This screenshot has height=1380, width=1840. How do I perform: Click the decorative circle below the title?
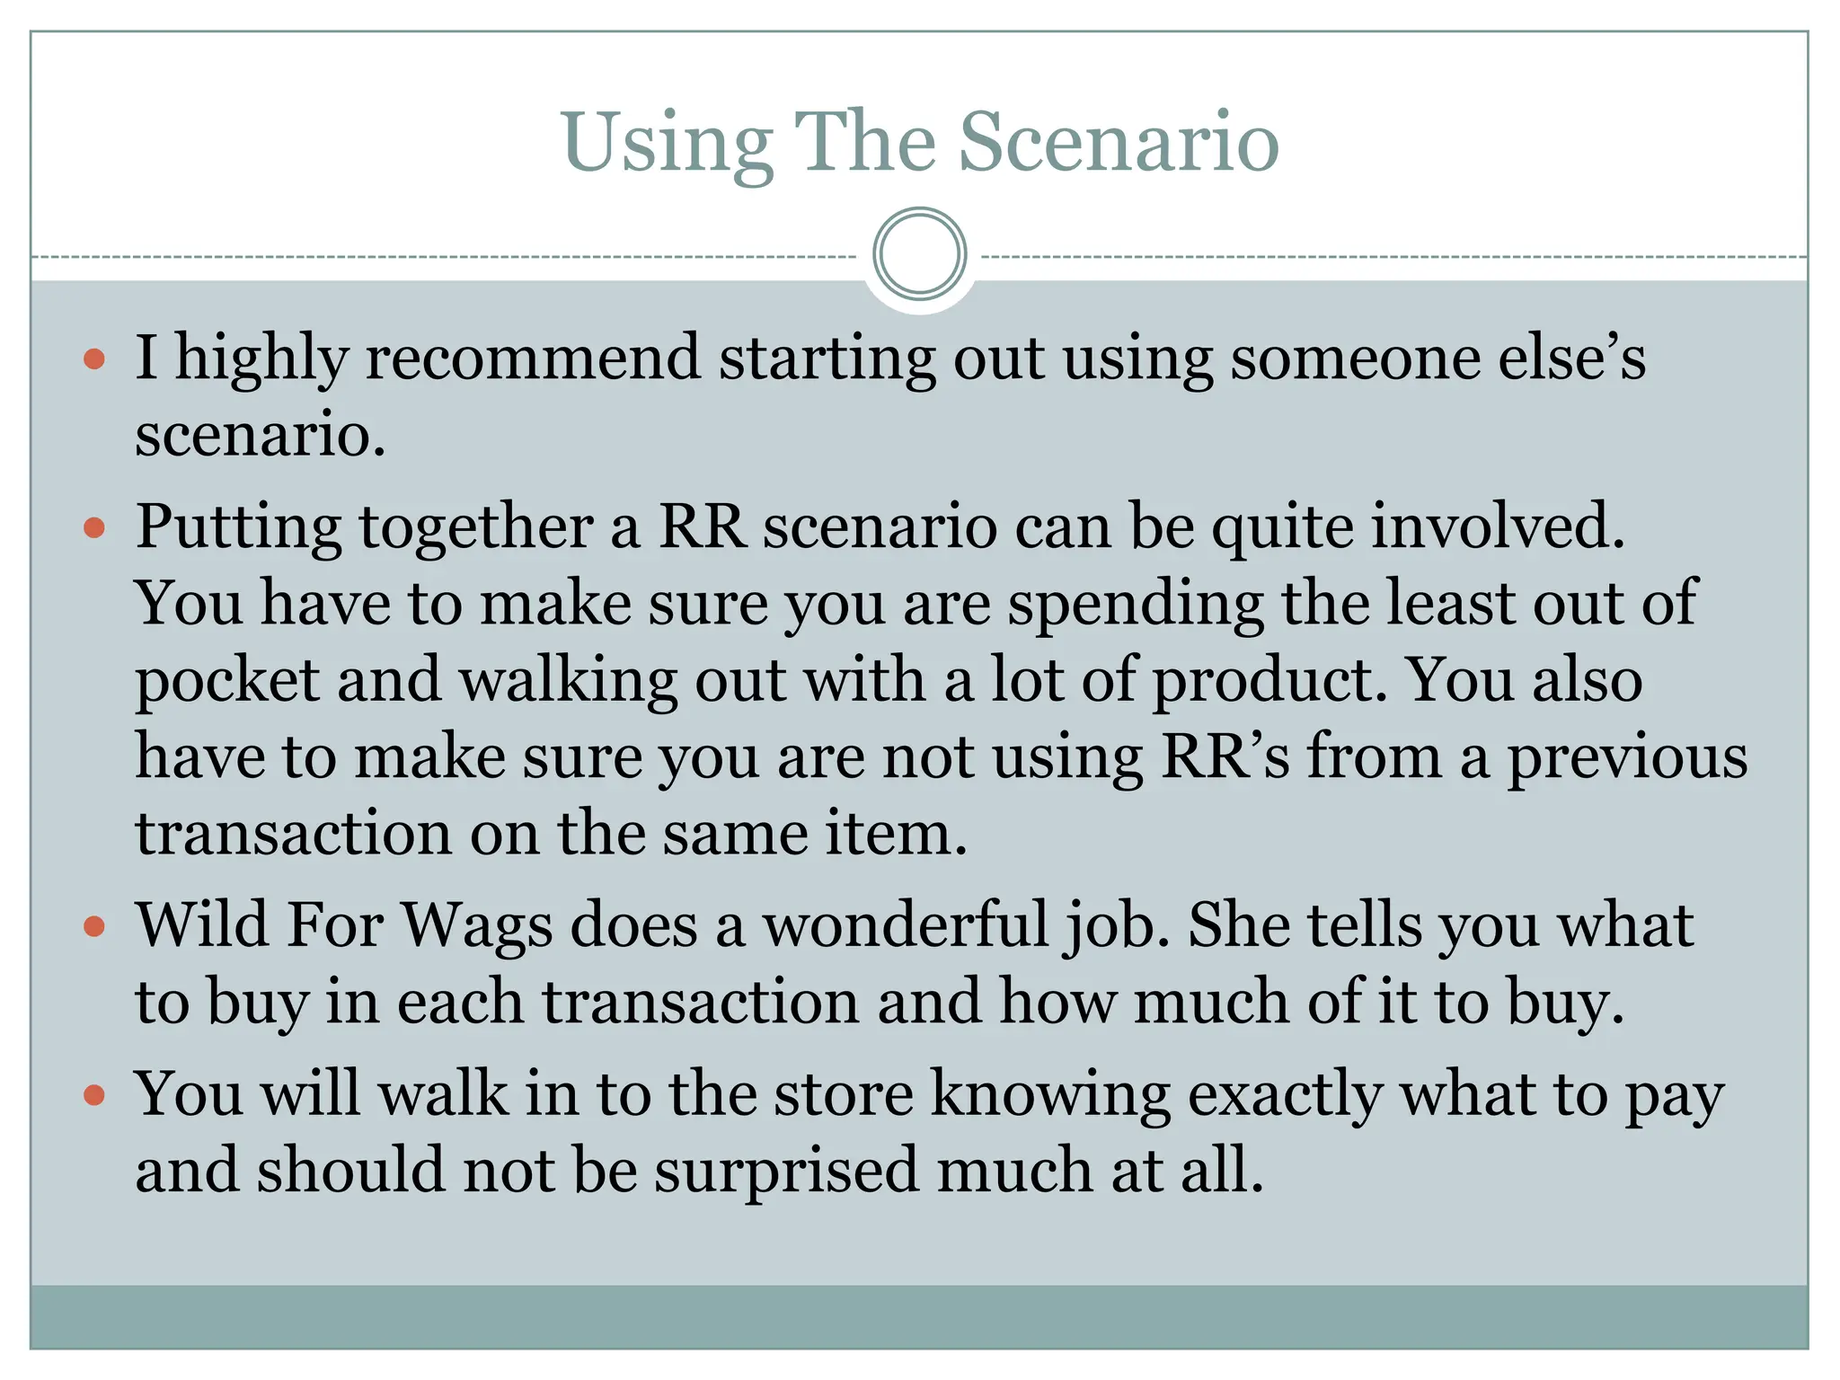coord(919,253)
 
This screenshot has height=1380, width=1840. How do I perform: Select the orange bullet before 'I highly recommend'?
coord(94,361)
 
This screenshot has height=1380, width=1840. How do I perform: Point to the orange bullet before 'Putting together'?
coord(94,527)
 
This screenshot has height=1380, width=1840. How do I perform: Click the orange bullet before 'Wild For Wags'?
coord(94,926)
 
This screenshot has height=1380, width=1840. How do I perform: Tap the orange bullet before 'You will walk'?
coord(94,1095)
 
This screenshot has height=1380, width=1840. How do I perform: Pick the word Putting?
coord(238,526)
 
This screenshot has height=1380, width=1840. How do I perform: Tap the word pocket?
coord(227,681)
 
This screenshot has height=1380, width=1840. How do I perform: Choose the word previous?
coord(1627,757)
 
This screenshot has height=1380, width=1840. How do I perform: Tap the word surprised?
coord(786,1172)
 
